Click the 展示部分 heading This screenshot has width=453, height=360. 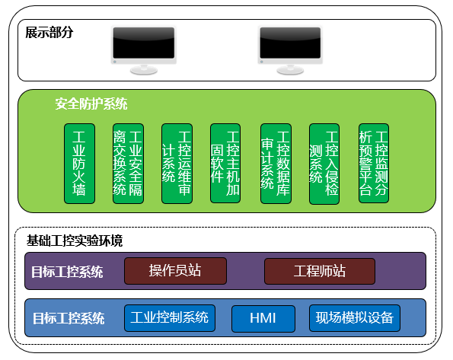pyautogui.click(x=49, y=33)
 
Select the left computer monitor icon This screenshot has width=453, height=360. pyautogui.click(x=144, y=49)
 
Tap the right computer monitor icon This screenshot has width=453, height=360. pyautogui.click(x=290, y=49)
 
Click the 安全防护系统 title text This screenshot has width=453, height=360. pyautogui.click(x=91, y=104)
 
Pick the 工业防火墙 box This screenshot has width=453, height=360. pyautogui.click(x=79, y=164)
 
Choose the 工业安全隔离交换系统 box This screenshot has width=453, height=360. pyautogui.click(x=128, y=164)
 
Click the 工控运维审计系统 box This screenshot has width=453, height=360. pyautogui.click(x=177, y=164)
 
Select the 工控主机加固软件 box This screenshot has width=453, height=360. pyautogui.click(x=225, y=163)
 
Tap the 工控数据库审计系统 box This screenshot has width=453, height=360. pyautogui.click(x=276, y=164)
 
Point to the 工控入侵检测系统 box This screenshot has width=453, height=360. pyautogui.click(x=324, y=164)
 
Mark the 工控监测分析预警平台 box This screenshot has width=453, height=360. pyautogui.click(x=374, y=163)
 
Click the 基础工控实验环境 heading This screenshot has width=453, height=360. pyautogui.click(x=75, y=241)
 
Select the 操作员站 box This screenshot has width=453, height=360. pyautogui.click(x=175, y=271)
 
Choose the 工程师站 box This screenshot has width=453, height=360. pyautogui.click(x=320, y=271)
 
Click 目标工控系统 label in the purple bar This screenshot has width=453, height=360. pyautogui.click(x=67, y=272)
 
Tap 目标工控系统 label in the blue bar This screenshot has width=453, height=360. pyautogui.click(x=69, y=318)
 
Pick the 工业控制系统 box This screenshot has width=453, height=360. pyautogui.click(x=170, y=318)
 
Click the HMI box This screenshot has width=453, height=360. pyautogui.click(x=263, y=319)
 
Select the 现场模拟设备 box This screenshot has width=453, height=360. pyautogui.click(x=355, y=318)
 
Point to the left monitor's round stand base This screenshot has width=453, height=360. pyautogui.click(x=144, y=70)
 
